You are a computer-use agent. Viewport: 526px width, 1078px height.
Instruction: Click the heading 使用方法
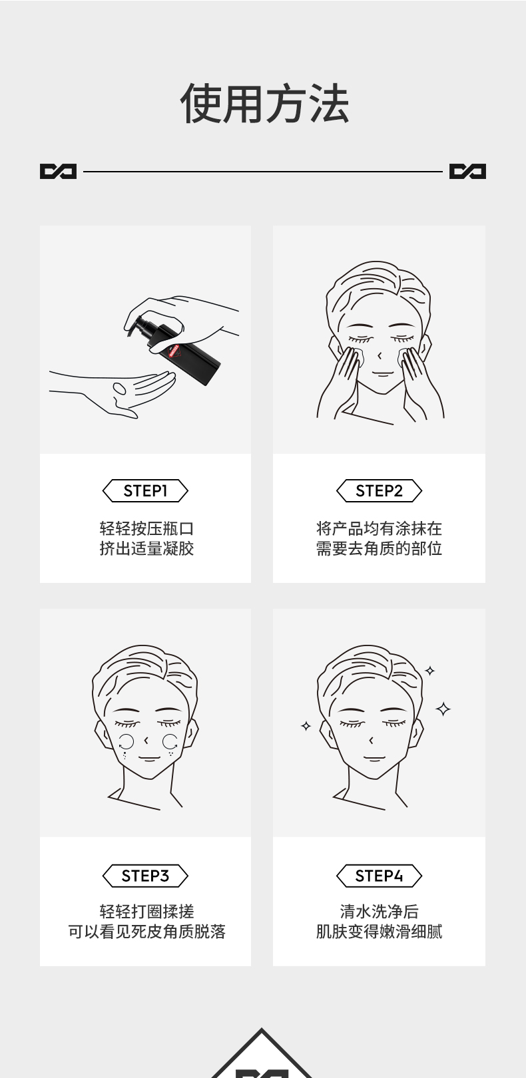coord(264,104)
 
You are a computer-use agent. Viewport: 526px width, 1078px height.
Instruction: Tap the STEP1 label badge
coord(145,491)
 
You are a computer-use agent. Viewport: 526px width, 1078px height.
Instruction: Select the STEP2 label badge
coord(379,491)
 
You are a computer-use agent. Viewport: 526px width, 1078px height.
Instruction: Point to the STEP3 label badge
coord(145,876)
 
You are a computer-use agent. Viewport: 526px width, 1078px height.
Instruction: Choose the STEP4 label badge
coord(379,876)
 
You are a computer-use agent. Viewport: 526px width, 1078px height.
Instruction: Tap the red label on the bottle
coord(175,351)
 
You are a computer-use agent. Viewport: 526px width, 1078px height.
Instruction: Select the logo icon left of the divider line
coord(58,172)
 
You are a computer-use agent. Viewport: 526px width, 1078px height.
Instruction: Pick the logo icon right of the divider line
coord(467,172)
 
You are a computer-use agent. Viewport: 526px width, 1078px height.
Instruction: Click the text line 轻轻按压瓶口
coord(146,529)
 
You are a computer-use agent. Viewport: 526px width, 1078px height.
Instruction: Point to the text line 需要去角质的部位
coord(379,549)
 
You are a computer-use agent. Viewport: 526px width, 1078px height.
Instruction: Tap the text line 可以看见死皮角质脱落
coord(146,932)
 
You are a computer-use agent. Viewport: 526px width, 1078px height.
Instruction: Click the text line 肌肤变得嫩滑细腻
coord(379,932)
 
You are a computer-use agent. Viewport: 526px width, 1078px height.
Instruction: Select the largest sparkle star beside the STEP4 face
coord(443,709)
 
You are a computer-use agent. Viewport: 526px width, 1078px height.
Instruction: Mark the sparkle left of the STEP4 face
coord(306,726)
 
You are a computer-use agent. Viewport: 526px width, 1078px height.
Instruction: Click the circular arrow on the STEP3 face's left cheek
coord(126,742)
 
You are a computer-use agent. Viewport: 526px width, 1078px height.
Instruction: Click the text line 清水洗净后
coord(379,912)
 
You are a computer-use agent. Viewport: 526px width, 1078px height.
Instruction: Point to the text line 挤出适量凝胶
coord(146,549)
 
